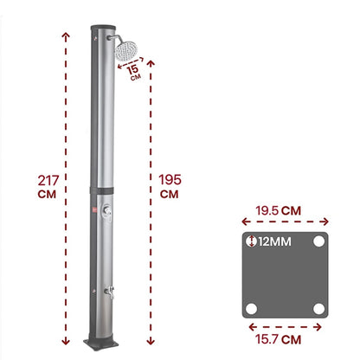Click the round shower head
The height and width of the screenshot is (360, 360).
pyautogui.click(x=129, y=48)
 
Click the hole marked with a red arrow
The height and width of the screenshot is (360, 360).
pyautogui.click(x=252, y=241)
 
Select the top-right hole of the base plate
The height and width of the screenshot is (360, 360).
pyautogui.click(x=319, y=241)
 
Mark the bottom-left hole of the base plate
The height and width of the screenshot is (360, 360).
pyautogui.click(x=252, y=307)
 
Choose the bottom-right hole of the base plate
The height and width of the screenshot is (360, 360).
pyautogui.click(x=319, y=307)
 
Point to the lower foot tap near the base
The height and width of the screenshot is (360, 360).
pyautogui.click(x=108, y=294)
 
